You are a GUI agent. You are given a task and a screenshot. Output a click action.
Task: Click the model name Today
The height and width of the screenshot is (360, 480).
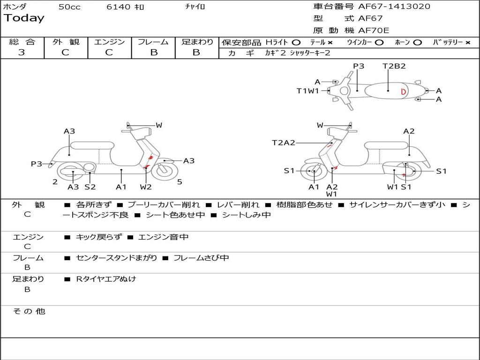(24, 18)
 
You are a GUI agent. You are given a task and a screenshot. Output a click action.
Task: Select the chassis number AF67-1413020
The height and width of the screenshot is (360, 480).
(394, 7)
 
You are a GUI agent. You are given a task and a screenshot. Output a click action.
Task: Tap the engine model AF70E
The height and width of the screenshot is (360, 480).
(374, 30)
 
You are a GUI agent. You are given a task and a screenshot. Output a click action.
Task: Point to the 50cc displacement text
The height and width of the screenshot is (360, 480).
(69, 7)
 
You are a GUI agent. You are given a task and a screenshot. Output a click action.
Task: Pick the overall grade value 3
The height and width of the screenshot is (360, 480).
(22, 52)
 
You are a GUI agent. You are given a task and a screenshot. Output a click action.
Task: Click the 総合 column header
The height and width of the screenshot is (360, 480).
(22, 42)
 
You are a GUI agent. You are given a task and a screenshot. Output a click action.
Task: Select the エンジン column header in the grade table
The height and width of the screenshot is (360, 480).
(109, 42)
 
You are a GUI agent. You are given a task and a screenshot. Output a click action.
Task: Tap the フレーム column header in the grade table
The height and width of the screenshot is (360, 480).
(153, 42)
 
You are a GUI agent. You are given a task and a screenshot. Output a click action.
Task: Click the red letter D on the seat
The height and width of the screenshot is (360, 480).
(403, 91)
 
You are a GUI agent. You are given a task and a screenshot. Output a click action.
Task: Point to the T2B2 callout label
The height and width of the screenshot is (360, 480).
(394, 66)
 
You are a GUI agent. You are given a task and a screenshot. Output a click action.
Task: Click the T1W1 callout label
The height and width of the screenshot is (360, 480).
(307, 91)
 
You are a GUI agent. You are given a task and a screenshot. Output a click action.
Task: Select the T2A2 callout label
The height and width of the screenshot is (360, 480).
(284, 142)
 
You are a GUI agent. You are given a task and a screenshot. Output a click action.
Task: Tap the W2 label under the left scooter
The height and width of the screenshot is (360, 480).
(146, 187)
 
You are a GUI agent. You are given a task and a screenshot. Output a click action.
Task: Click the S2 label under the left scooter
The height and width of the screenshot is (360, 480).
(90, 187)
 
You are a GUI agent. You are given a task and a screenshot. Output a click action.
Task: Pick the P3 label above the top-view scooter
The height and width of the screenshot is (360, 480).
(359, 66)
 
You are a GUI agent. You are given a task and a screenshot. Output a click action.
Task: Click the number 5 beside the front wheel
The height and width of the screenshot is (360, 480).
(180, 182)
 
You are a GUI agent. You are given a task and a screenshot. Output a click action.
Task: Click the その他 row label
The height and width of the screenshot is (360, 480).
(29, 311)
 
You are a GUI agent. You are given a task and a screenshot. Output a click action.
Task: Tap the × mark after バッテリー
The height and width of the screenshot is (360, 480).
(467, 42)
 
